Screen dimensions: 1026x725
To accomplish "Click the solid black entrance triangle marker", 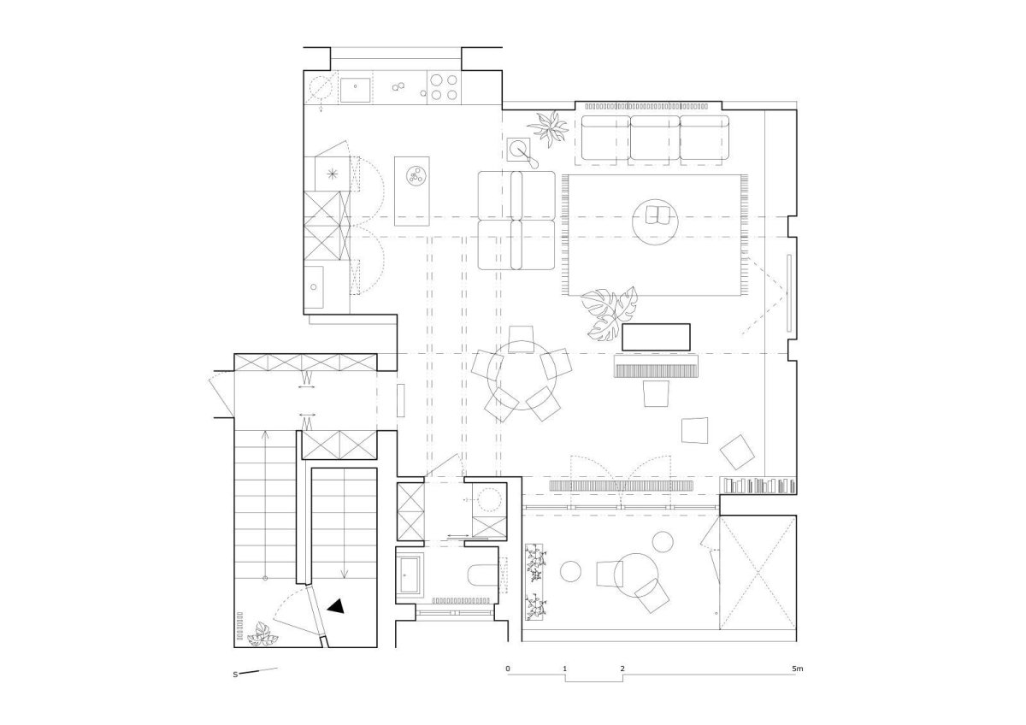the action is (337, 606).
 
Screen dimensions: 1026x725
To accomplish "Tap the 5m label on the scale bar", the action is (798, 669).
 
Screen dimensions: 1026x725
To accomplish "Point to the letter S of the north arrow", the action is (235, 675).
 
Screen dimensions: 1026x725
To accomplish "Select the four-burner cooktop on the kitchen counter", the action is (444, 87).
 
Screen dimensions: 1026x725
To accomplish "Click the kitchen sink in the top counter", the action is (355, 90).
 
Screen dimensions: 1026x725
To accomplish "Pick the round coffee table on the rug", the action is (655, 222).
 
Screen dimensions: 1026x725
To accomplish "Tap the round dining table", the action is (522, 375).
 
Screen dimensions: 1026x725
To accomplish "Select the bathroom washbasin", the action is (409, 575).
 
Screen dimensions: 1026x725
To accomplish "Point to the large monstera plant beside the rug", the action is (609, 314).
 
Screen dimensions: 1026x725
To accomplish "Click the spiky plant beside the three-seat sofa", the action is (549, 127).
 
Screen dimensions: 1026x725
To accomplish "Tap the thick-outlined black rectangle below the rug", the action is (656, 338).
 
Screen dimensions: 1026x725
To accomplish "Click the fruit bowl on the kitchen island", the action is (417, 175).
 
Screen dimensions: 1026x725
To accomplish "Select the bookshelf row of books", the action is (758, 485).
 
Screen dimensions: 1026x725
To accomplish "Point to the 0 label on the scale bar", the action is (508, 669).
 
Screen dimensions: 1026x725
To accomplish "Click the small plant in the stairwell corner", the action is (262, 634).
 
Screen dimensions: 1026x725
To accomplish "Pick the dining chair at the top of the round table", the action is (522, 339).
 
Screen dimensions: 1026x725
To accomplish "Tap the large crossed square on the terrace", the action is (758, 573).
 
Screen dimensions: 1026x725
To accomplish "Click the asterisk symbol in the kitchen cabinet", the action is (333, 174).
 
